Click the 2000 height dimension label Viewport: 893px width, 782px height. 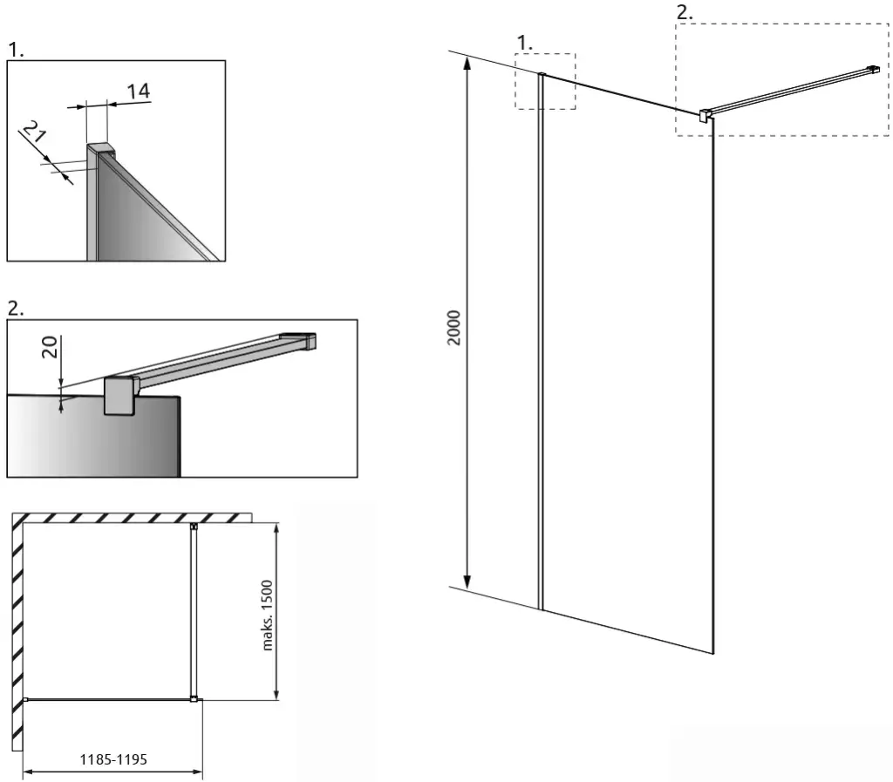[x=453, y=327]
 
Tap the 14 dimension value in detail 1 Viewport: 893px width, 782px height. [x=139, y=91]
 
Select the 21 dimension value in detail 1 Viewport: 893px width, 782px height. [x=35, y=132]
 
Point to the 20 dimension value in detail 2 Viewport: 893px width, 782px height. [x=50, y=347]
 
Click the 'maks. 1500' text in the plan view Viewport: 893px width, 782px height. [x=267, y=615]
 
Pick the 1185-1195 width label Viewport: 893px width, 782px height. [x=113, y=759]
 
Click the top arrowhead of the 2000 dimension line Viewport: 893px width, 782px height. [x=467, y=63]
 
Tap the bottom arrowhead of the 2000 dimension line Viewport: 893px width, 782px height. [x=467, y=581]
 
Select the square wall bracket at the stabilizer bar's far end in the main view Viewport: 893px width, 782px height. [x=874, y=70]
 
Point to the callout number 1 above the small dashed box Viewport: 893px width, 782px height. [x=524, y=43]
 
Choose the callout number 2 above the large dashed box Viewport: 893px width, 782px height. [x=684, y=12]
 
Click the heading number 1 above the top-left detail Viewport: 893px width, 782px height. [x=16, y=50]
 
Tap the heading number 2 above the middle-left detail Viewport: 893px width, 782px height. [x=16, y=308]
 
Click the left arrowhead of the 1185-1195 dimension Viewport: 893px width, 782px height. [x=28, y=772]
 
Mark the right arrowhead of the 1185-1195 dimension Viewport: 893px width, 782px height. [x=197, y=772]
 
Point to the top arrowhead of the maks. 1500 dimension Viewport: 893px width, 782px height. [x=276, y=528]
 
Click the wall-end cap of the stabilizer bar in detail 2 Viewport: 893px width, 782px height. [x=309, y=341]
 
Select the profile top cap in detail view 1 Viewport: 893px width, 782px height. [x=101, y=148]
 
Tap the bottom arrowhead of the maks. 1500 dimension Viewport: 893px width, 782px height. [x=276, y=694]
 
